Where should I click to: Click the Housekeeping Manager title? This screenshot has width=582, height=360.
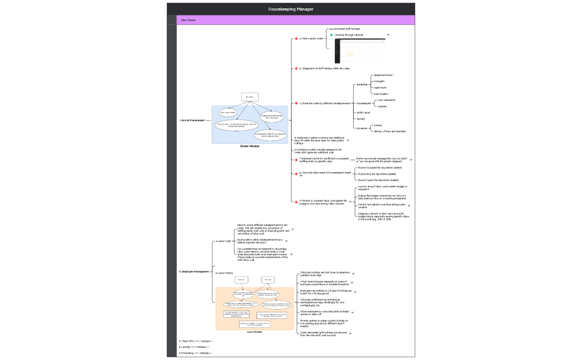pos(290,9)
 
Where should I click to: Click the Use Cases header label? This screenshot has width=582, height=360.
pos(188,20)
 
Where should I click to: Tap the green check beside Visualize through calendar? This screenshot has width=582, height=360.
pos(331,35)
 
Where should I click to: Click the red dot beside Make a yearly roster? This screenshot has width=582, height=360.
pos(297,39)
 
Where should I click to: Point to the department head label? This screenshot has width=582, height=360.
pos(383,75)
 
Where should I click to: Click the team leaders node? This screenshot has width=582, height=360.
pos(381,94)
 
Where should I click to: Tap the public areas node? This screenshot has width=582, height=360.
pos(364,112)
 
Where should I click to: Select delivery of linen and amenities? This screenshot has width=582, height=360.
pos(390,131)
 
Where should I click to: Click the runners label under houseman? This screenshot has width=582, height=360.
pos(377,125)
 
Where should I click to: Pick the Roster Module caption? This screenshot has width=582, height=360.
pos(249,146)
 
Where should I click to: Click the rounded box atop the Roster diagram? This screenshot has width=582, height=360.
pos(249,97)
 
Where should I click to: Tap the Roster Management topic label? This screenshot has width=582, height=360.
pos(192,120)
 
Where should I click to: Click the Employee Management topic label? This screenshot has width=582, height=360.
pos(194,271)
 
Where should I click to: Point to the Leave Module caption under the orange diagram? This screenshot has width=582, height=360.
pos(254,332)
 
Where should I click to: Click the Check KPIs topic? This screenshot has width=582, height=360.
pos(186,341)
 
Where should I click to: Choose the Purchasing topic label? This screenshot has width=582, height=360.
pos(187,353)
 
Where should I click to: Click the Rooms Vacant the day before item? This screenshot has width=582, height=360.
pos(378,180)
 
